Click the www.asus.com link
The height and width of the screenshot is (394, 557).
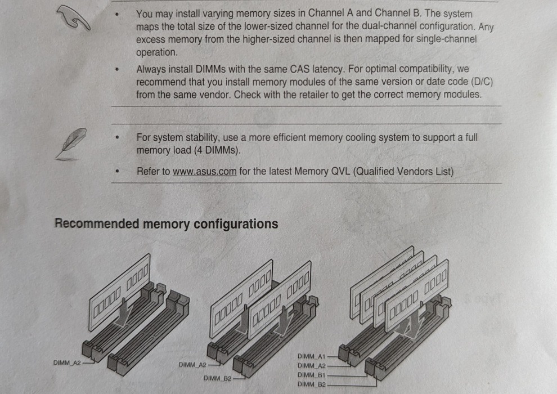tap(204, 172)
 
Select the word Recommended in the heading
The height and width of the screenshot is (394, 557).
tap(96, 224)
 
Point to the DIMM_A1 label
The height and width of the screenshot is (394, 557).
tap(311, 357)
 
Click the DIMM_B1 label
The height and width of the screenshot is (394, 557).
tap(311, 375)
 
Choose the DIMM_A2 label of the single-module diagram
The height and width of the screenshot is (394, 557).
tap(67, 363)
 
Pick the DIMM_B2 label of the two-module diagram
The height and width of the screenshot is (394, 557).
tap(217, 378)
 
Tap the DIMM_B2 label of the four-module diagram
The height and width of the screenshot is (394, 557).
tap(311, 384)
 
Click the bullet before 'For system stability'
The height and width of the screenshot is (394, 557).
tap(118, 138)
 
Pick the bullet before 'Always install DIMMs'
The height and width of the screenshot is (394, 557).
tap(118, 70)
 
